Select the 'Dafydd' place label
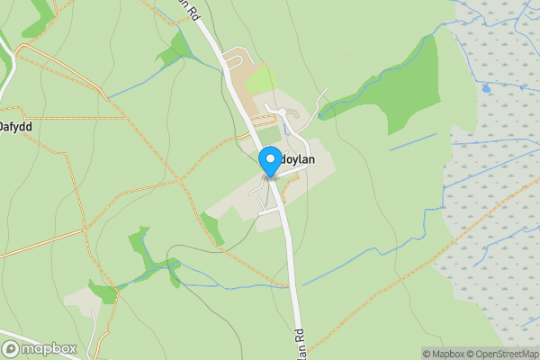coord(16,128)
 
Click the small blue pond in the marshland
coord(486,89)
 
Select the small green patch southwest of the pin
coord(213,228)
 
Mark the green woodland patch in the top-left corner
coord(36,18)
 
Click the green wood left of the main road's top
coord(173,54)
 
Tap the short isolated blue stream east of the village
coord(412,142)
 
